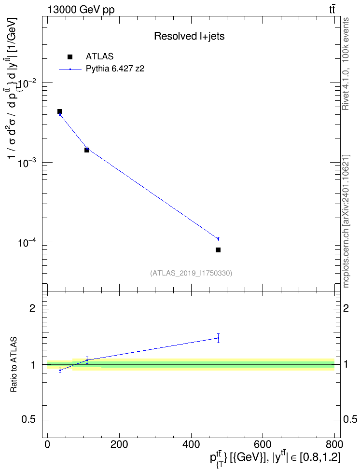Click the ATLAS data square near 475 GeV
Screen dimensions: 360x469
point(218,250)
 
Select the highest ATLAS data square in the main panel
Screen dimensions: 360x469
point(60,111)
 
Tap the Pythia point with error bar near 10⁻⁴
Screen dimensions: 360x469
point(219,239)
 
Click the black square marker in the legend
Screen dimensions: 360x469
point(70,57)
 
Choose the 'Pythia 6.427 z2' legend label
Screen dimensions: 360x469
point(115,69)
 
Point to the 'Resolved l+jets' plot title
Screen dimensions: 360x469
point(189,36)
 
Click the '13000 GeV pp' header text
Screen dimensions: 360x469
point(81,10)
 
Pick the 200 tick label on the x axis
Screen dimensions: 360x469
point(119,444)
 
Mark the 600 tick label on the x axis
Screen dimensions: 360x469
point(263,444)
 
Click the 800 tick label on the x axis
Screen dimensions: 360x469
point(334,444)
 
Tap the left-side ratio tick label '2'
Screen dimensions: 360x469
point(32,308)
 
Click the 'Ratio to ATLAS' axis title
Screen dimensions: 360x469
point(14,364)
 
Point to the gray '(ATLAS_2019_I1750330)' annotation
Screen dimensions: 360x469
point(191,273)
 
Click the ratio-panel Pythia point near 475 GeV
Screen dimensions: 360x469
point(219,338)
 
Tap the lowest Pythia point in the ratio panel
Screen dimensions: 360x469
point(60,370)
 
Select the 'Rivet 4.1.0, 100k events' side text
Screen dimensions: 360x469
point(346,64)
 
